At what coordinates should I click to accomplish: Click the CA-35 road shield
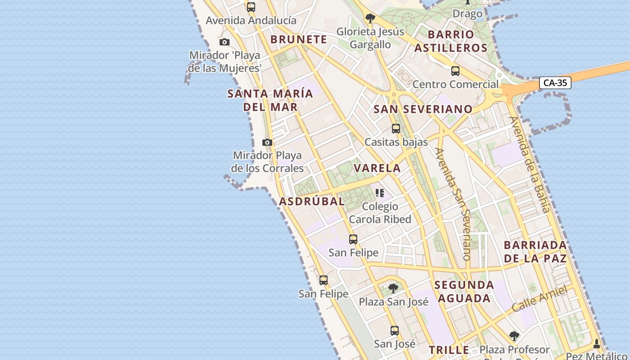[x=555, y=83]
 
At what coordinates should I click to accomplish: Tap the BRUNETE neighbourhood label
[x=298, y=40]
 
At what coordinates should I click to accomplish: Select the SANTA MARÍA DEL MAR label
[x=270, y=100]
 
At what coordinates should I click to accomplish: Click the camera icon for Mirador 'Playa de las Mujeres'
[x=224, y=42]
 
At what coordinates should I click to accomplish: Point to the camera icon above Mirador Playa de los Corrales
[x=267, y=143]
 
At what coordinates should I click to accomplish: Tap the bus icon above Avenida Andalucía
[x=251, y=7]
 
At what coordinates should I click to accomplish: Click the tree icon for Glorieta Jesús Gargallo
[x=370, y=18]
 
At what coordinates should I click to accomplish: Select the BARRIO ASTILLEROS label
[x=451, y=41]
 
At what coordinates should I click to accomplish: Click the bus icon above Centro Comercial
[x=455, y=71]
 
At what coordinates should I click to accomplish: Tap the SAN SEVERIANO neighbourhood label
[x=423, y=109]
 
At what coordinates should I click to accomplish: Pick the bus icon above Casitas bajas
[x=396, y=129]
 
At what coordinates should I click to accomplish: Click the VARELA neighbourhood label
[x=377, y=168]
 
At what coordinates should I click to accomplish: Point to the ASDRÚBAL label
[x=312, y=201]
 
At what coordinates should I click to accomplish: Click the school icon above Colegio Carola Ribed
[x=380, y=193]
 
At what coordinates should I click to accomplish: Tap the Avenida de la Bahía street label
[x=530, y=165]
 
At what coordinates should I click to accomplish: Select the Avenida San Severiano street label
[x=454, y=204]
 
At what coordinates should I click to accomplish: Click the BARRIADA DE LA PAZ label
[x=535, y=252]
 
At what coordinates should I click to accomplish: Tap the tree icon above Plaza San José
[x=393, y=288]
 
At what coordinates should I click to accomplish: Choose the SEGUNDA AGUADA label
[x=464, y=292]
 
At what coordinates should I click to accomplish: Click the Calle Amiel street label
[x=539, y=299]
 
